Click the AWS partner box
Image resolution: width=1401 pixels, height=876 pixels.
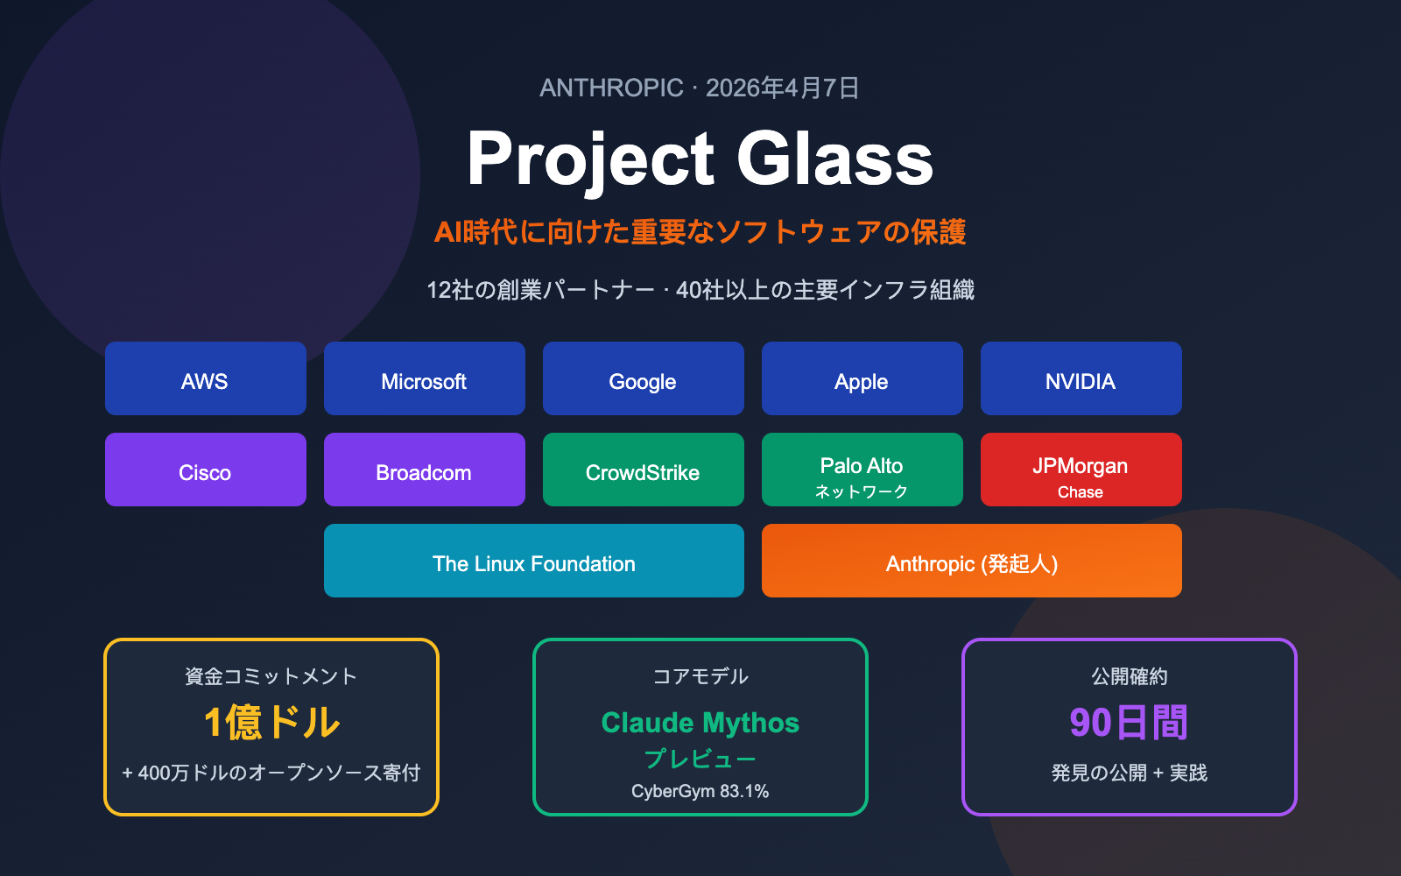(x=206, y=378)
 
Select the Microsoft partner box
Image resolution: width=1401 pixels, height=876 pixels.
(x=425, y=378)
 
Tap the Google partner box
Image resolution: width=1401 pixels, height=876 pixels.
(x=644, y=378)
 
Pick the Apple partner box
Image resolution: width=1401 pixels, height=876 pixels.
(x=862, y=378)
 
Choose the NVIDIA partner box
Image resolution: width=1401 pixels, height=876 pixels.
(x=1081, y=378)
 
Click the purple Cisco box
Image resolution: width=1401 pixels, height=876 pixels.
(x=206, y=470)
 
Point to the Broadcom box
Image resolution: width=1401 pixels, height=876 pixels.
(x=425, y=470)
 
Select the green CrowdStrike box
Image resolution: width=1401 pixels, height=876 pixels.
(x=644, y=470)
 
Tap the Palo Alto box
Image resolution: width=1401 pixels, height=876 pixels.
(x=862, y=470)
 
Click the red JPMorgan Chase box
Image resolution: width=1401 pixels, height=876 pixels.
(x=1081, y=470)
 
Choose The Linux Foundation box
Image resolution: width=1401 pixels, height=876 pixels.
(x=534, y=561)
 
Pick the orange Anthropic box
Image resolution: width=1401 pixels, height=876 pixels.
(x=972, y=561)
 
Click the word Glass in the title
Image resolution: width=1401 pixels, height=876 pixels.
(x=834, y=159)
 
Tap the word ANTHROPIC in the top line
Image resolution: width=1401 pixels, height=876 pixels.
(x=611, y=88)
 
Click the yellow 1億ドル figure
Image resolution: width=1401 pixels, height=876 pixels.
(x=271, y=723)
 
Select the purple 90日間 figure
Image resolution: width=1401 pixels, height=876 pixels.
(x=1129, y=723)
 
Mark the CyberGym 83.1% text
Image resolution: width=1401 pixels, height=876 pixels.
(x=700, y=791)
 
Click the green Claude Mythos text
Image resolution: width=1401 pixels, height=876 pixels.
(x=700, y=723)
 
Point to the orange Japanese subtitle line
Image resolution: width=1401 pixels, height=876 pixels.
(x=700, y=232)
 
